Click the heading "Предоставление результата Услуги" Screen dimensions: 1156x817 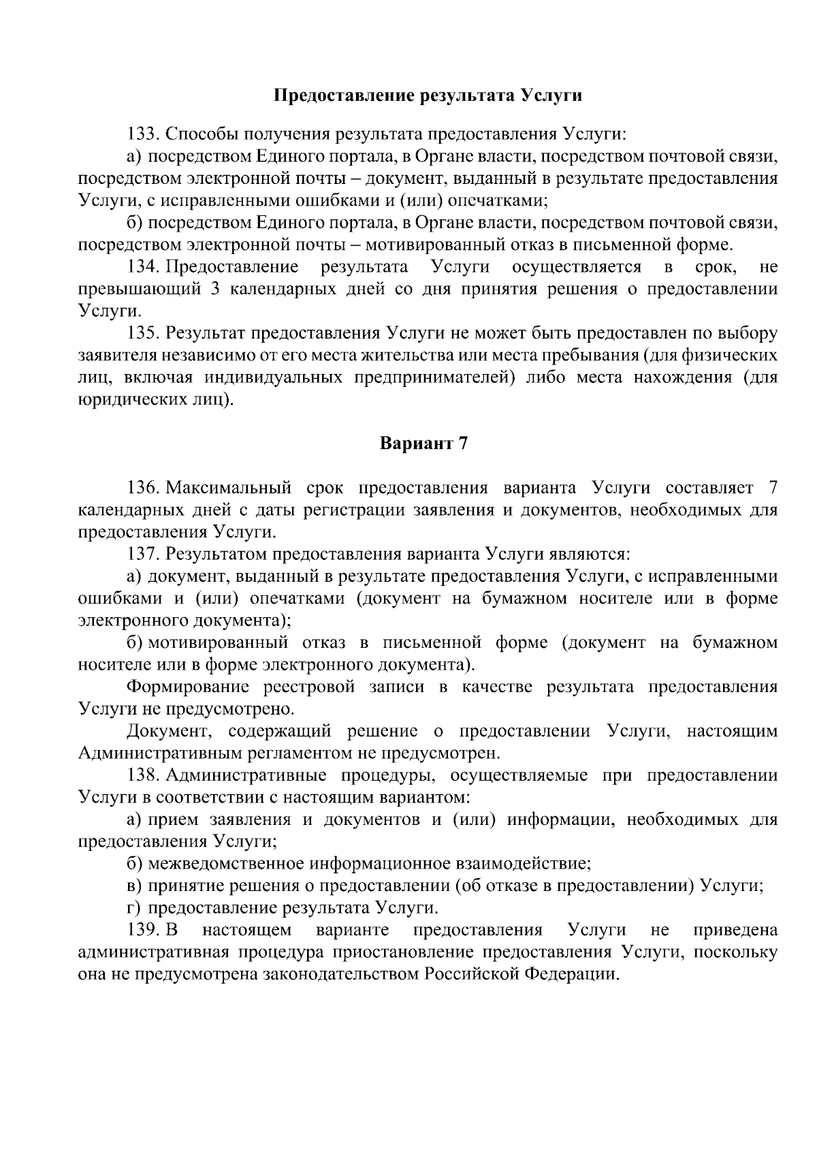(428, 95)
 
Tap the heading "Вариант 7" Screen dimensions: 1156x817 (423, 443)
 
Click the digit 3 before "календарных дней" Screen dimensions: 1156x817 (214, 289)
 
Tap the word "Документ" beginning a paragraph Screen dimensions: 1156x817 (170, 731)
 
